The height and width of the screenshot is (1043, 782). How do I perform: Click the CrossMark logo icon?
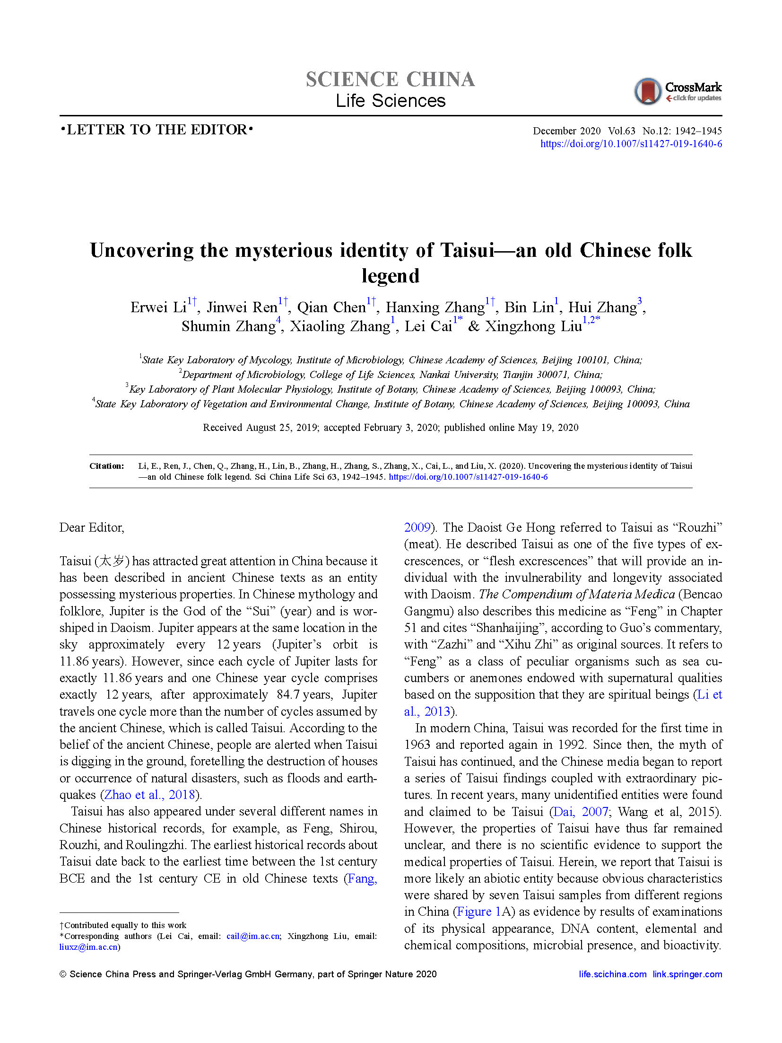pyautogui.click(x=647, y=91)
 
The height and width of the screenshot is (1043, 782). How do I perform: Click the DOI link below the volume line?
pyautogui.click(x=631, y=144)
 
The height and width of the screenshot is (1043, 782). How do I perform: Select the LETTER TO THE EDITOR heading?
pyautogui.click(x=156, y=130)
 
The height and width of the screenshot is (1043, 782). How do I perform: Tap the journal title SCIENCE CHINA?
pyautogui.click(x=390, y=79)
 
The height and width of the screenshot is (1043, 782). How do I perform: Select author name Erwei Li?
pyautogui.click(x=158, y=307)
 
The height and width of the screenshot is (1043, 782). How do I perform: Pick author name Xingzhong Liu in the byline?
pyautogui.click(x=533, y=326)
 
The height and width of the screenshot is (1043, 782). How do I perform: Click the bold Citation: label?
pyautogui.click(x=107, y=466)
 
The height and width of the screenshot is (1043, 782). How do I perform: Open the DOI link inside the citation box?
pyautogui.click(x=468, y=477)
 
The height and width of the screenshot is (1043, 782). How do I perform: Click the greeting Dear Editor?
pyautogui.click(x=92, y=527)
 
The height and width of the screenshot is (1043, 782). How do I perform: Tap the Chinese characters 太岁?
pyautogui.click(x=112, y=561)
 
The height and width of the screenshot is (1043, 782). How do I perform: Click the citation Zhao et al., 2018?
pyautogui.click(x=149, y=795)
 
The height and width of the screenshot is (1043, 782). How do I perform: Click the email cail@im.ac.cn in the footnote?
pyautogui.click(x=253, y=936)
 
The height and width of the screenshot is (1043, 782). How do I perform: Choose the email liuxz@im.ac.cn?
pyautogui.click(x=88, y=947)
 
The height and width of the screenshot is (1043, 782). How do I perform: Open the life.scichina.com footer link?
pyautogui.click(x=612, y=974)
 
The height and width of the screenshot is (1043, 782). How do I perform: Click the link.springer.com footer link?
pyautogui.click(x=687, y=974)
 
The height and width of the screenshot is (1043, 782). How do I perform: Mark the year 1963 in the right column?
pyautogui.click(x=416, y=745)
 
